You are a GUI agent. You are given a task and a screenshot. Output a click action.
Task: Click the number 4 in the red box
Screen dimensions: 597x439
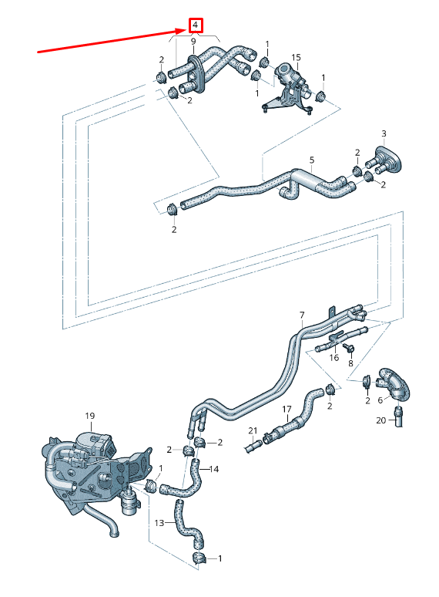[196, 25]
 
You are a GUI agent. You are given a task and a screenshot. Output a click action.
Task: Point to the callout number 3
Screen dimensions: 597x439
[384, 134]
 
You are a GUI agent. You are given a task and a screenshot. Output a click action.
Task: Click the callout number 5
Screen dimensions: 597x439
[311, 161]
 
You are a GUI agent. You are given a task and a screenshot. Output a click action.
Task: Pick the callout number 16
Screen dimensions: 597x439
[333, 358]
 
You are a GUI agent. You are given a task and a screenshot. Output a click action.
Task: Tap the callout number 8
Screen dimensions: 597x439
[350, 363]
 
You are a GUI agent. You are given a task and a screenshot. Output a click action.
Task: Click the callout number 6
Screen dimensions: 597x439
[379, 400]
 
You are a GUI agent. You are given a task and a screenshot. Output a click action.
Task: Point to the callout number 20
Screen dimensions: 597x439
[380, 420]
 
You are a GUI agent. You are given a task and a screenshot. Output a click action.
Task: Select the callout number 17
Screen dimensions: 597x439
[286, 409]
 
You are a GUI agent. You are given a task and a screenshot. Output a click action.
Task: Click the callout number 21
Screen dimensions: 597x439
[252, 430]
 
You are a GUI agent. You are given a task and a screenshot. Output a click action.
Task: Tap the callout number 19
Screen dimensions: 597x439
[89, 417]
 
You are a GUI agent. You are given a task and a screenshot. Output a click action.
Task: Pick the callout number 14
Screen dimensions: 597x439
[214, 469]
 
